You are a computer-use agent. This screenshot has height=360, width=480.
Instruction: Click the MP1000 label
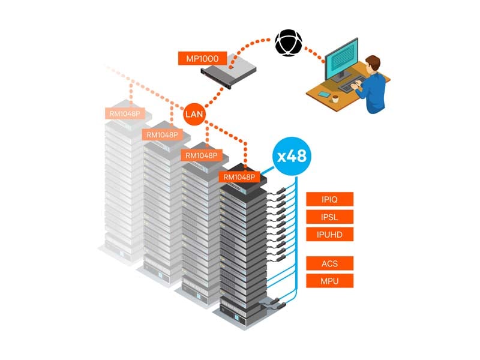pos(202,59)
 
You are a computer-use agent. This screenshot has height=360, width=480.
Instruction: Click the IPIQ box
pos(329,199)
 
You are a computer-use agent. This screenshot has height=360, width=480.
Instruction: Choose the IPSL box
pos(329,217)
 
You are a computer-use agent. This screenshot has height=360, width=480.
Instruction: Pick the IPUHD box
pos(329,234)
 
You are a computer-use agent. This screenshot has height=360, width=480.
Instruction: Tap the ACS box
pos(329,263)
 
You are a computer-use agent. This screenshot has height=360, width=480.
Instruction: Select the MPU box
pos(329,280)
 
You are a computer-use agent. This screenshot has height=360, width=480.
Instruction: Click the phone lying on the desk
pos(323,94)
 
